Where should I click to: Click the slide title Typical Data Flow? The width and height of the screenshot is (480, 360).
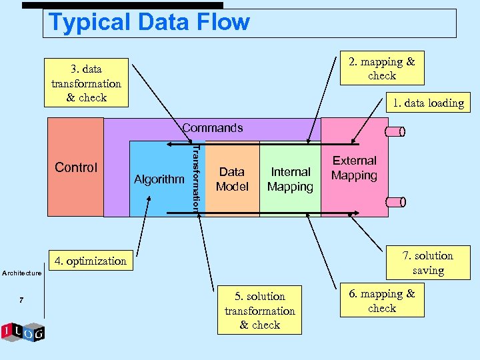pos(149,23)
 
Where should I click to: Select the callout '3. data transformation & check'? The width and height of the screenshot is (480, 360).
pos(86,83)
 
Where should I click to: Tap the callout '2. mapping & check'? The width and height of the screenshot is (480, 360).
pos(381,69)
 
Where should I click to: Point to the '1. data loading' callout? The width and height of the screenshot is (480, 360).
pos(427,103)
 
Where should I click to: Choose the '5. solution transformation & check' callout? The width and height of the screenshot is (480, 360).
pos(259,311)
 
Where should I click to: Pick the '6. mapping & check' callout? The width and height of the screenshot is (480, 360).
pos(382,301)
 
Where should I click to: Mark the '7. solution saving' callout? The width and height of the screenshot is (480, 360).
pos(428,263)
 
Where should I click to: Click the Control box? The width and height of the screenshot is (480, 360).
pos(76,167)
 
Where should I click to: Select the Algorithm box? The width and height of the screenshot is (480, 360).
pos(159,179)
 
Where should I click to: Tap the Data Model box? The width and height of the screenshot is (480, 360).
pos(232,179)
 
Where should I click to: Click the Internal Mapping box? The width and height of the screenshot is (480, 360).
pos(290,179)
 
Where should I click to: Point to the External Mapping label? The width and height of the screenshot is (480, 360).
pos(354,168)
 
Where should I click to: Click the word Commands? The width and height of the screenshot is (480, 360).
pos(212,127)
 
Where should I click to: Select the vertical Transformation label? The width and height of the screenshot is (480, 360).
pos(196,178)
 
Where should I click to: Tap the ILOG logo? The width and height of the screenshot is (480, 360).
pos(23,332)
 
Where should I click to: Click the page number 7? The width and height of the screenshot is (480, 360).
pos(21,301)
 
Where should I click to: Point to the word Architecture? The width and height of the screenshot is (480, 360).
pos(22,273)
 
